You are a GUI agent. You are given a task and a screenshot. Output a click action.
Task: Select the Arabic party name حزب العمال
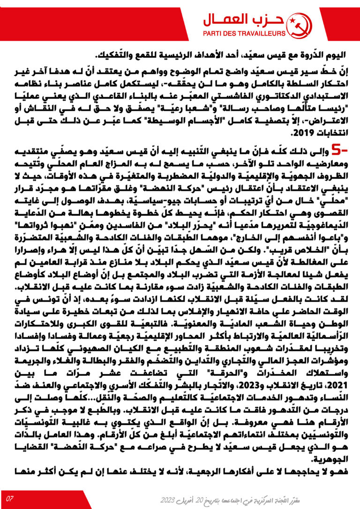pyautogui.click(x=243, y=20)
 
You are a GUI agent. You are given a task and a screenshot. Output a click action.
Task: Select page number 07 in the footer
pyautogui.click(x=10, y=498)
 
